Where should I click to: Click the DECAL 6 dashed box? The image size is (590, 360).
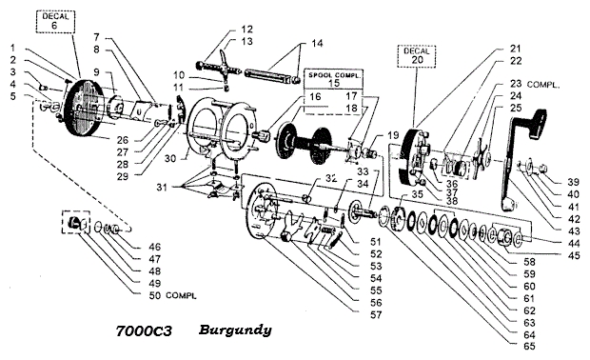[55, 22]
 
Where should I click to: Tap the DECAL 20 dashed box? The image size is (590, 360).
[417, 56]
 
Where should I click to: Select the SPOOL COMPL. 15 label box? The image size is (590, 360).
[334, 79]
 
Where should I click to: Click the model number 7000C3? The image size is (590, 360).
[144, 331]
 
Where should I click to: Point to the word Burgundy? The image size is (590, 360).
[235, 330]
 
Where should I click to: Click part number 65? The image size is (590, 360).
[529, 346]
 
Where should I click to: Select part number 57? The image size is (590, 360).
[376, 315]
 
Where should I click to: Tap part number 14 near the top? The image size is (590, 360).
[317, 43]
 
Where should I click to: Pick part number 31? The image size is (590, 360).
[162, 188]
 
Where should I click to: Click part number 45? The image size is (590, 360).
[574, 255]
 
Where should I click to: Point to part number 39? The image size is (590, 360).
[573, 182]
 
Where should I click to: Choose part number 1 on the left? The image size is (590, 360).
[12, 48]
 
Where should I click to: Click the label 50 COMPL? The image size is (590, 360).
[172, 295]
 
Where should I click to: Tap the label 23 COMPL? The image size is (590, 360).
[534, 85]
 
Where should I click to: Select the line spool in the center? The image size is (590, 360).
[305, 143]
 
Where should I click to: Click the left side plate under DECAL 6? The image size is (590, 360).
[84, 108]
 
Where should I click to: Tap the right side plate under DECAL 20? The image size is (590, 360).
[410, 157]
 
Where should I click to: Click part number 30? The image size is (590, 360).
[170, 158]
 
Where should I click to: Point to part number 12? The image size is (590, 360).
[246, 30]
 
